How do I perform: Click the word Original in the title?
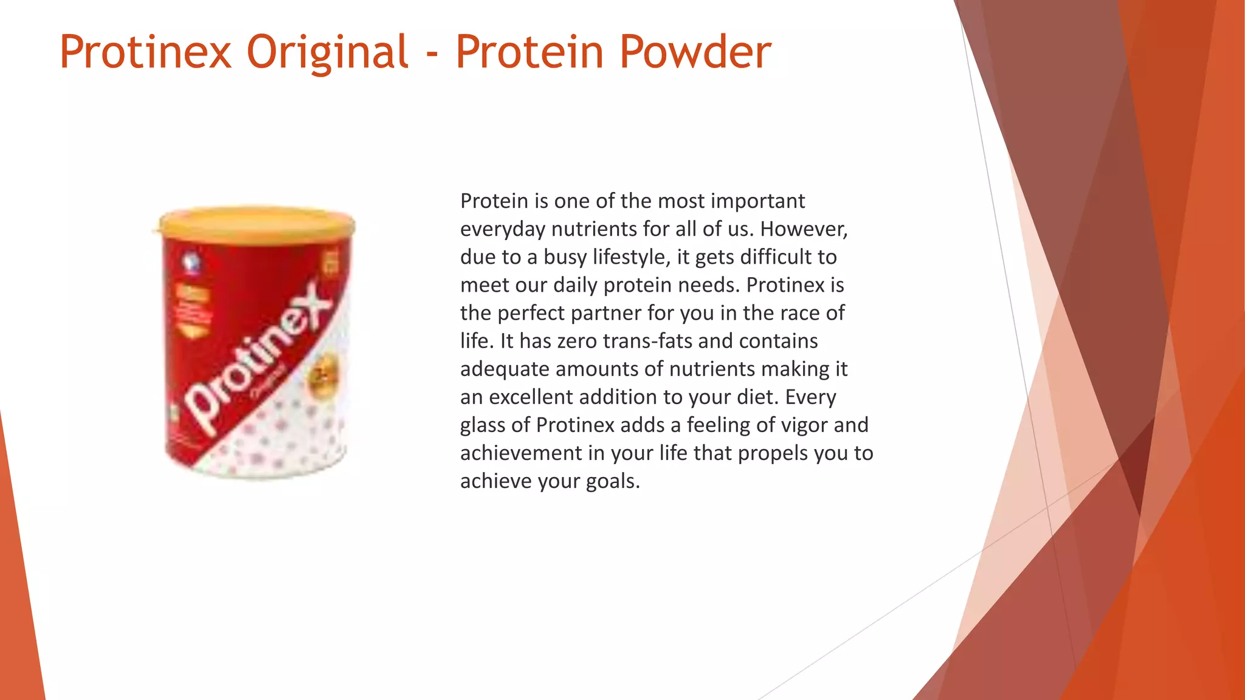(x=328, y=52)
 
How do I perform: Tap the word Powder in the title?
(x=695, y=52)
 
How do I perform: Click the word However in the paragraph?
(x=802, y=229)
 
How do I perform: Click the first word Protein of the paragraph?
(x=494, y=201)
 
